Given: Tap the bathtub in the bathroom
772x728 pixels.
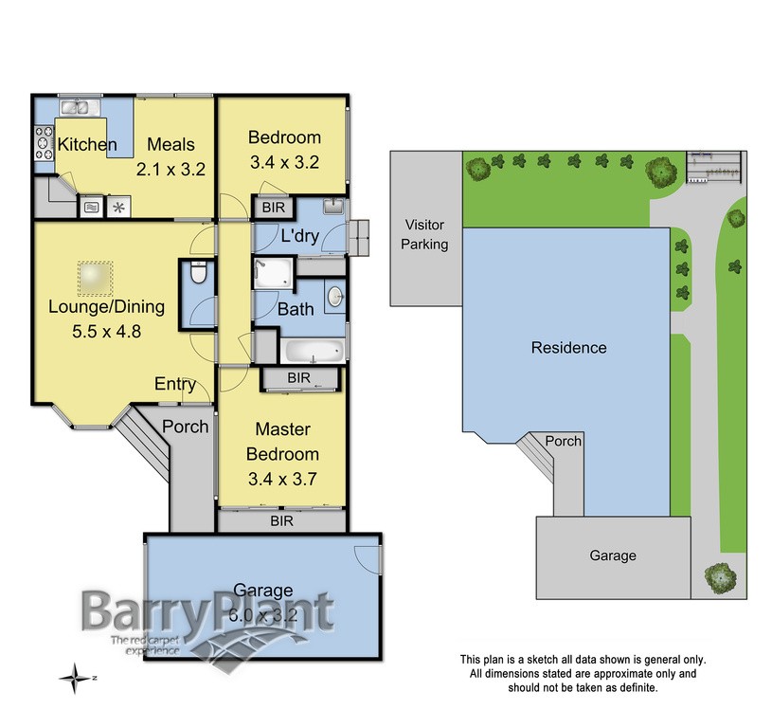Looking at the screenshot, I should point(313,353).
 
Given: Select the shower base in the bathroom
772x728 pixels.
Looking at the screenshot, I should point(275,273).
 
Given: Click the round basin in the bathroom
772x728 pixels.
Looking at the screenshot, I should point(334,297).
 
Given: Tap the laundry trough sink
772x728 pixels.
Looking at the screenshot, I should point(333,207).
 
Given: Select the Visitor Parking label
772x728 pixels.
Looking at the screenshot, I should point(426,235).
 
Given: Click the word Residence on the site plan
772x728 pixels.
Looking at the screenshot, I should point(568,348).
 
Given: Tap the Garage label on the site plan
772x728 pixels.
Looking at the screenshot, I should point(613,555).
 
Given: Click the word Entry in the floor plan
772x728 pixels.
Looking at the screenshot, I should point(176,384).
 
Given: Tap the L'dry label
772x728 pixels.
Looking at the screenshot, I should point(298,235).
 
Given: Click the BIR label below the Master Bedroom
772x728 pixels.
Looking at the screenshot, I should point(282,521).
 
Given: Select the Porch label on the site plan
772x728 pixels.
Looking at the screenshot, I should point(565,442).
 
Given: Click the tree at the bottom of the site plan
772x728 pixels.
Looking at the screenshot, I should point(720,575).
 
